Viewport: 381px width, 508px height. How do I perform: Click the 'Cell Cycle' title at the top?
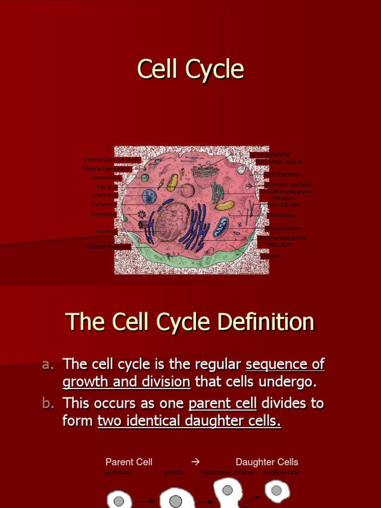click(x=190, y=69)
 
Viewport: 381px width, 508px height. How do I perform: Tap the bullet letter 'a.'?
click(x=48, y=365)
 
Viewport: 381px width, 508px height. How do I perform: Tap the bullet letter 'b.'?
click(x=48, y=403)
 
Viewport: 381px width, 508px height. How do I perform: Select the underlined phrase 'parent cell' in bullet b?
click(x=223, y=403)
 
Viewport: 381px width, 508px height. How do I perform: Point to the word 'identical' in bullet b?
click(x=159, y=421)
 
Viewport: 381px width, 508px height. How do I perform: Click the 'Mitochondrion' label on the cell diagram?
click(x=283, y=228)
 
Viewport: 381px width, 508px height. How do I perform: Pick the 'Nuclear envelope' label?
click(x=108, y=246)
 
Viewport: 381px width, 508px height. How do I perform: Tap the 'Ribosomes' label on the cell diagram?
click(x=281, y=215)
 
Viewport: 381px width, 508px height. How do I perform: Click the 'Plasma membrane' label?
click(x=106, y=169)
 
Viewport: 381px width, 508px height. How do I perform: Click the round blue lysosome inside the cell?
click(x=149, y=196)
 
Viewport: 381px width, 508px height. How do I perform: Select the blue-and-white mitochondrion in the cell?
click(x=221, y=227)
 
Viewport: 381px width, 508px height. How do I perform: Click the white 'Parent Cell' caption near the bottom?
click(x=129, y=462)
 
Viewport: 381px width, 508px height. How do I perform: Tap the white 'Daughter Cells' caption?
click(x=267, y=462)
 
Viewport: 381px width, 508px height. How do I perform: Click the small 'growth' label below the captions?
click(x=174, y=473)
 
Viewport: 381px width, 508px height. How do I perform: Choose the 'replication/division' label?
click(x=228, y=473)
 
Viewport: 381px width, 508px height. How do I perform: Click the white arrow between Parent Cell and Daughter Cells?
click(x=195, y=462)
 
